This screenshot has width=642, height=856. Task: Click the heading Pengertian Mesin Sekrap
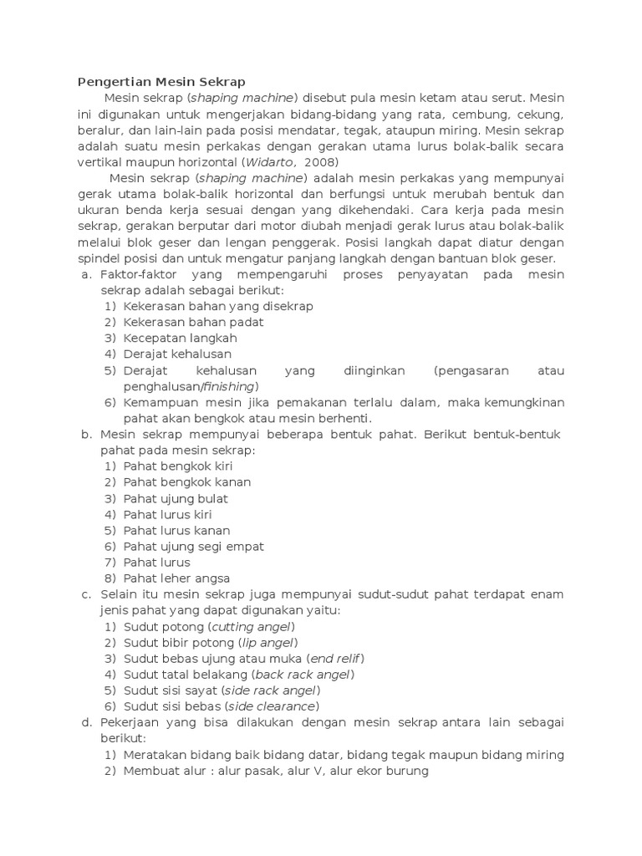click(161, 82)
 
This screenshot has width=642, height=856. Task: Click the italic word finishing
click(228, 386)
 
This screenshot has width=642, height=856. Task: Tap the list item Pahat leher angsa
click(176, 578)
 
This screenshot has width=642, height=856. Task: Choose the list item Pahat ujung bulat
click(176, 498)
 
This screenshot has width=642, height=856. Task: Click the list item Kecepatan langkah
click(181, 339)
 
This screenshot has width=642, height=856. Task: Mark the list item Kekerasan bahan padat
click(193, 322)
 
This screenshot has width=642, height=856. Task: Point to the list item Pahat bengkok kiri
click(178, 466)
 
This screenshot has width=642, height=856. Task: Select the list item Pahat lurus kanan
click(177, 530)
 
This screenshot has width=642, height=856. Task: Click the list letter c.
click(85, 594)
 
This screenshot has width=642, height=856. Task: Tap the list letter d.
click(85, 722)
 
